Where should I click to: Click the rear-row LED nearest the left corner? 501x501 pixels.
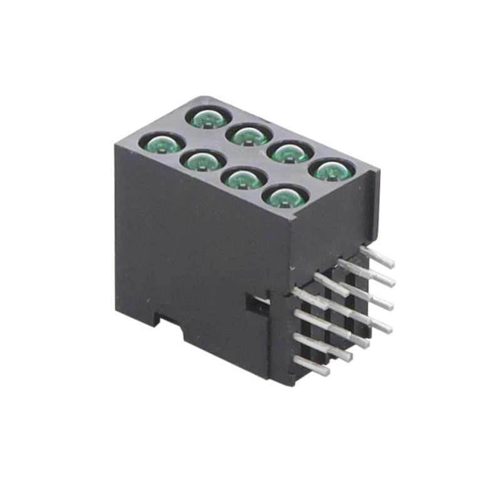(x=209, y=117)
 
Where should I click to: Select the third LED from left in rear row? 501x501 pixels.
(x=290, y=152)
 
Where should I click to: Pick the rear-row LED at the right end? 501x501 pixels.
(x=331, y=170)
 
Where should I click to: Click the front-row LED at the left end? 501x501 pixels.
(x=162, y=145)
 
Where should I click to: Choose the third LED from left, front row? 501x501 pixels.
(x=242, y=179)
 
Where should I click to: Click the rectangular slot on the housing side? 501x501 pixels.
(x=254, y=303)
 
